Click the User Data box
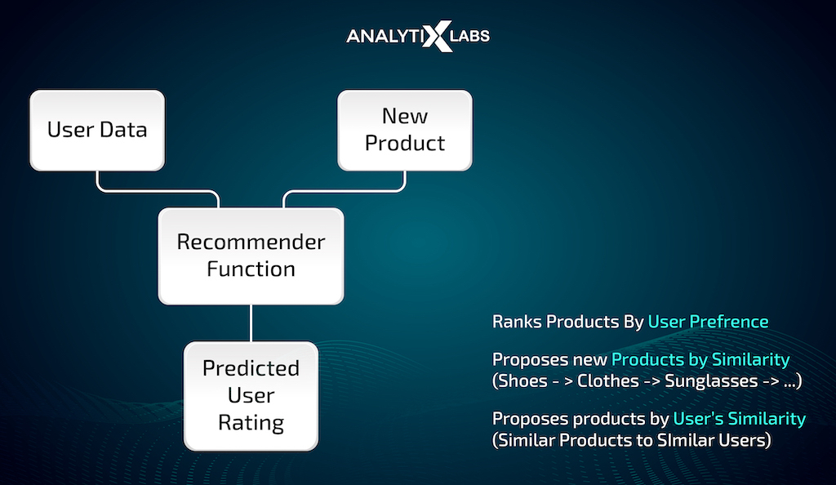pos(97,131)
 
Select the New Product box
pos(405,131)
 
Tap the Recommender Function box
pos(251,256)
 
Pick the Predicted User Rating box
pos(251,396)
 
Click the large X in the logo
pos(437,36)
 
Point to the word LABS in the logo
pos(469,36)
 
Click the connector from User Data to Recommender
pos(158,191)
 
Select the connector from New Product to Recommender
pos(344,191)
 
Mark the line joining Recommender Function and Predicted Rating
pos(251,323)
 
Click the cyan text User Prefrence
pos(708,322)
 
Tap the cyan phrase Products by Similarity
pos(700,360)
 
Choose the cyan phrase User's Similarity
pos(740,419)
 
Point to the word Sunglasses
pos(711,381)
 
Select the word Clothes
pos(607,381)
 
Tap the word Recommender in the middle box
pos(251,242)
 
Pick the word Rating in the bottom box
pos(251,423)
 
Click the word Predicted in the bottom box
pos(251,368)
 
